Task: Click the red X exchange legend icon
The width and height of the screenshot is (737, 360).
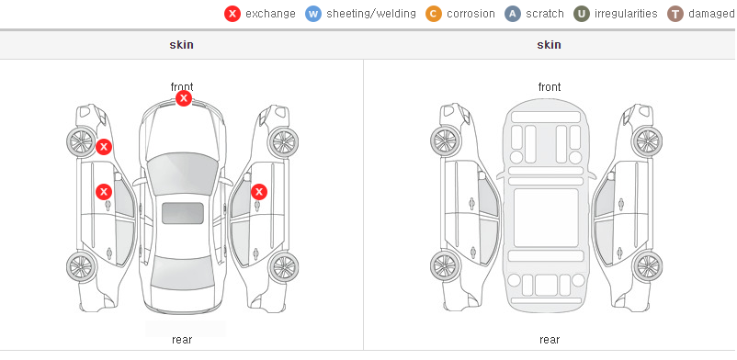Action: tap(232, 14)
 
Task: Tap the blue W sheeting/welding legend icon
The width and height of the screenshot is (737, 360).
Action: tap(313, 14)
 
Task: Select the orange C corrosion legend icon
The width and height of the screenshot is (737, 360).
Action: tap(434, 14)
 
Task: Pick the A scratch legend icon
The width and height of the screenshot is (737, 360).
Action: tap(513, 14)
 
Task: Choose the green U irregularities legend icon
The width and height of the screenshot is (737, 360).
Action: tap(582, 14)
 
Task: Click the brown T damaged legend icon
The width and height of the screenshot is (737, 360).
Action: tap(675, 14)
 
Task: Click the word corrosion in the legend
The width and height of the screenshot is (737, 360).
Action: tap(471, 14)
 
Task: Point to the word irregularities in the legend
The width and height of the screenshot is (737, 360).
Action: tap(626, 14)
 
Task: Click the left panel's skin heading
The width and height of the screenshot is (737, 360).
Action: tap(181, 45)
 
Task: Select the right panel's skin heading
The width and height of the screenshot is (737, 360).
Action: tap(549, 45)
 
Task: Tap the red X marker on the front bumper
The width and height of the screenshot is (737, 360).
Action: tap(184, 98)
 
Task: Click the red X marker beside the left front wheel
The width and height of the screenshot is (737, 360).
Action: tap(104, 147)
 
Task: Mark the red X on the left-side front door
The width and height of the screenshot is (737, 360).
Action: tap(104, 192)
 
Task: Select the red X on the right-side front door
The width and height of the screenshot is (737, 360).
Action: tap(259, 192)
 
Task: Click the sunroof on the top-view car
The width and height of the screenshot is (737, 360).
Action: tap(183, 213)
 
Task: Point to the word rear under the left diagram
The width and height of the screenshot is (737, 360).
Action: tap(182, 340)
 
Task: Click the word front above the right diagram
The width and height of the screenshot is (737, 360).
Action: tap(550, 87)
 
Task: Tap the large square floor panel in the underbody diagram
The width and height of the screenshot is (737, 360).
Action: tap(546, 218)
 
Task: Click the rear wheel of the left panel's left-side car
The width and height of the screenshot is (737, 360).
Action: tap(82, 267)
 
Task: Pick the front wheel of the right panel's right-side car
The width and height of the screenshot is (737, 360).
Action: tap(647, 141)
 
